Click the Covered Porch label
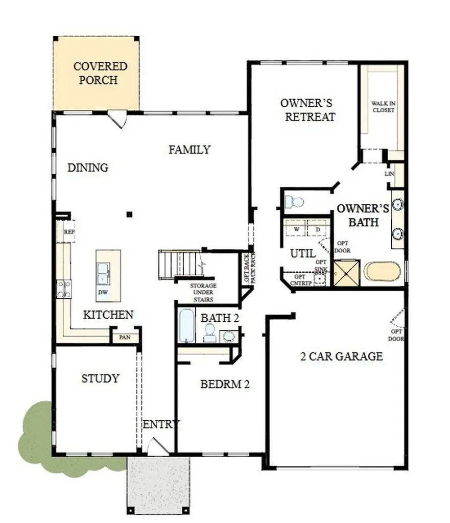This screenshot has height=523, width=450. click(x=100, y=73)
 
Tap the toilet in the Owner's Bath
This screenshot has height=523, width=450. click(x=294, y=202)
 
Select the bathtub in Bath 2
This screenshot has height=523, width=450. click(x=186, y=325)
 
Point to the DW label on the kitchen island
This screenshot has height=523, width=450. click(x=103, y=292)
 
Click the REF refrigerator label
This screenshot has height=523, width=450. click(x=69, y=231)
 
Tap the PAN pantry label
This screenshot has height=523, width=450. click(x=125, y=337)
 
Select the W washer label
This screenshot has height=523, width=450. click(x=297, y=229)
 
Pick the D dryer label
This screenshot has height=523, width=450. click(x=318, y=229)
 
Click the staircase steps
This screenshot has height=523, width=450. click(x=181, y=264)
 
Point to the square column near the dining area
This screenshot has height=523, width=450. click(x=129, y=215)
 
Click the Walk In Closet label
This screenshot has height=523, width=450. click(x=383, y=107)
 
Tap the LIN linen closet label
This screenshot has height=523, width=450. click(x=389, y=174)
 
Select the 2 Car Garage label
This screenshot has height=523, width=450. click(x=342, y=356)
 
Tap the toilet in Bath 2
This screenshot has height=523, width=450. click(x=210, y=333)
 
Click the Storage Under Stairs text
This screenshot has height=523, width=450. click(x=203, y=293)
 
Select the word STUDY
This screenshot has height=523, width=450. click(x=101, y=378)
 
